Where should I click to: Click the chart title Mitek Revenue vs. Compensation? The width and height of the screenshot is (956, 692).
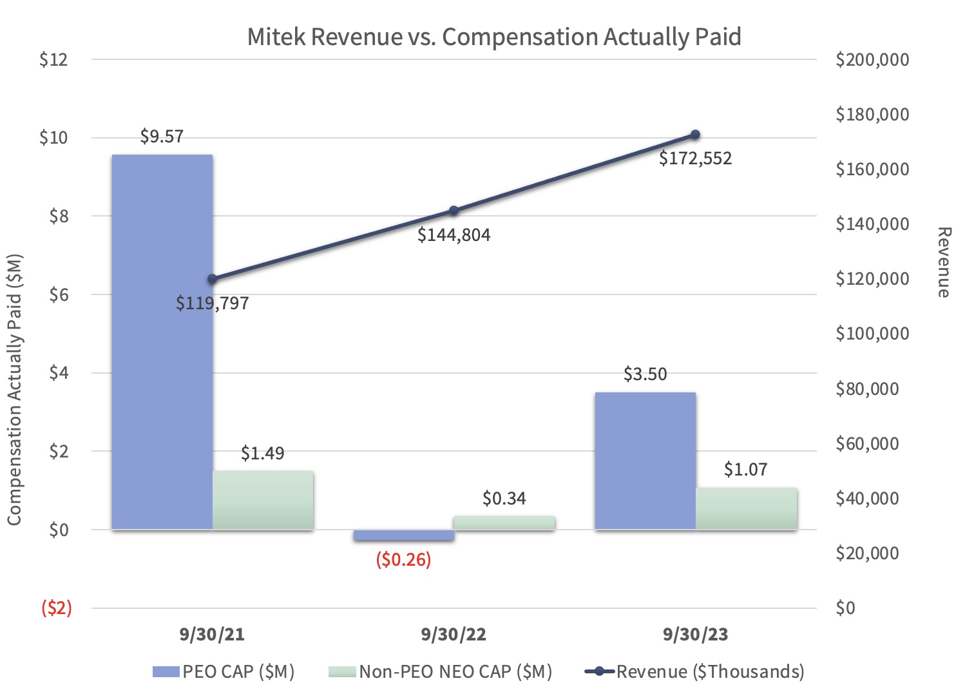coord(494,37)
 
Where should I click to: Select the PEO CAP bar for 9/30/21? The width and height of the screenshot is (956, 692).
coord(162,341)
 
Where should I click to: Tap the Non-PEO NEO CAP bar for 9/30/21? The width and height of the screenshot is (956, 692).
coord(263,500)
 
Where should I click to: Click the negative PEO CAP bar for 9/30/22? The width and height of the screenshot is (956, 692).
coord(403,535)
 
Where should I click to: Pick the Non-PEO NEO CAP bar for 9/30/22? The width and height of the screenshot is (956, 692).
coord(504,523)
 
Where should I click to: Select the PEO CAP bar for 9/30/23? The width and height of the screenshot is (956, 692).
coord(645,461)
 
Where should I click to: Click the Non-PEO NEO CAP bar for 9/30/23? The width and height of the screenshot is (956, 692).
coord(746,508)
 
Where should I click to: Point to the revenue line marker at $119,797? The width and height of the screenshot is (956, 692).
coord(212,279)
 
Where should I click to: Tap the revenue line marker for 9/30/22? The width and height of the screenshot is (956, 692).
coord(454,211)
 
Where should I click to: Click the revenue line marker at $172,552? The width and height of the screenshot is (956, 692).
coord(695,135)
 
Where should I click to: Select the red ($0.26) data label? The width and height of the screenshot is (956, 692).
coord(403,559)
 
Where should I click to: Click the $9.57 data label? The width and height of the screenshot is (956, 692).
coord(162,137)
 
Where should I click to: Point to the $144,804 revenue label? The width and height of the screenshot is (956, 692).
coord(454,235)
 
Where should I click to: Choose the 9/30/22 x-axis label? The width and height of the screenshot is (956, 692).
coord(454,635)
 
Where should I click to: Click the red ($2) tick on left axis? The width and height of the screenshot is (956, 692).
coord(57,608)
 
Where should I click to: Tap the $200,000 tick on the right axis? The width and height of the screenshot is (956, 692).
coord(872,59)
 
